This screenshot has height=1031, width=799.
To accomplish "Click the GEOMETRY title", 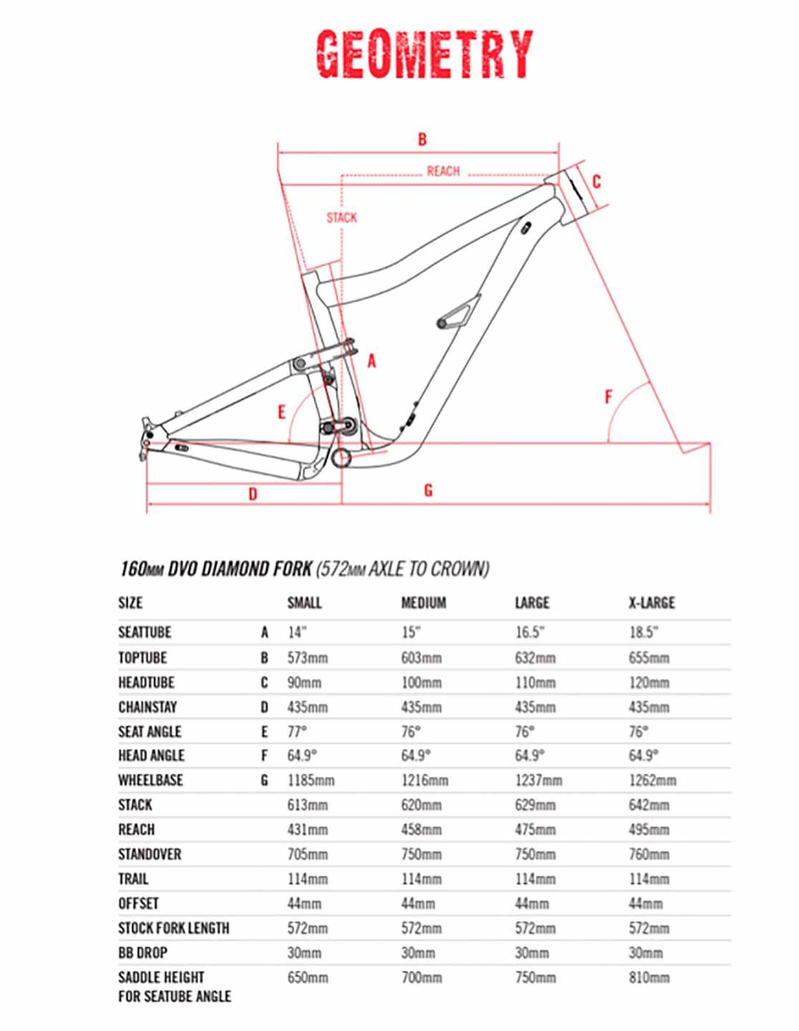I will (x=424, y=54).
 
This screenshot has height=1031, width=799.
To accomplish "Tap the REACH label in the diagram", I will (x=443, y=171).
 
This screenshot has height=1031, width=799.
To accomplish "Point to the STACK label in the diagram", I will (x=342, y=218).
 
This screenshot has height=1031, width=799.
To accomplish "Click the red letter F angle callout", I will (x=609, y=396).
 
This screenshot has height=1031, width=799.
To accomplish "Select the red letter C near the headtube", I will (x=596, y=182).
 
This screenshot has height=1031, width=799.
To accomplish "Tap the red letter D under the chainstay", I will (x=253, y=494).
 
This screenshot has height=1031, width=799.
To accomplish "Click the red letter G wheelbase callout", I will (x=428, y=490).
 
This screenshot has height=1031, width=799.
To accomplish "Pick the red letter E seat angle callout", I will (x=282, y=412).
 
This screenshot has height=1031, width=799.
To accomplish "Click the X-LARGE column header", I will (x=652, y=603).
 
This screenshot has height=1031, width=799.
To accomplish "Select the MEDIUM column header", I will (x=423, y=603).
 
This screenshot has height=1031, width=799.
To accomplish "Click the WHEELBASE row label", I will (x=150, y=780).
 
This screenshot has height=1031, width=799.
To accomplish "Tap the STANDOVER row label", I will (x=150, y=854).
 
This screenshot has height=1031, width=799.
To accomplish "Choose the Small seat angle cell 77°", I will (x=299, y=732).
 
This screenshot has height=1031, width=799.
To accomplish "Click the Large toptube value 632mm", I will (x=535, y=658).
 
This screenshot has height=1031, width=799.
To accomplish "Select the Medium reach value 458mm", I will (x=421, y=830).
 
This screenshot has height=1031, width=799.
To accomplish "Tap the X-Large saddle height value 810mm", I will (x=649, y=977).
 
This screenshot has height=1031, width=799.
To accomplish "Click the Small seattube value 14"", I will (x=297, y=633).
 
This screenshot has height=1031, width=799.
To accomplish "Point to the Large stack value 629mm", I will (x=535, y=805).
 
